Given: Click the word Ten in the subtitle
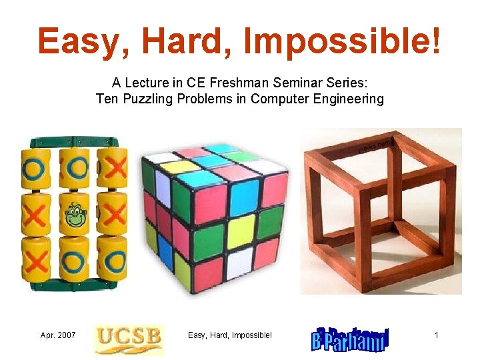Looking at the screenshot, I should (x=107, y=99).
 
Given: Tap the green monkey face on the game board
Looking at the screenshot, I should (x=74, y=215).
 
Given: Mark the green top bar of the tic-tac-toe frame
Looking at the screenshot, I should (x=73, y=141).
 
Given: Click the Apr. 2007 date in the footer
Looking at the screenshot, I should (x=58, y=335).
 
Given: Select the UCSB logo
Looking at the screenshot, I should (x=128, y=338).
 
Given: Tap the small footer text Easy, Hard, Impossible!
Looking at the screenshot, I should (x=230, y=335).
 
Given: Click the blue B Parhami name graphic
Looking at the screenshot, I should (x=350, y=339).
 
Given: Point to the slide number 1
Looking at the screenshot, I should (x=437, y=335).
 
